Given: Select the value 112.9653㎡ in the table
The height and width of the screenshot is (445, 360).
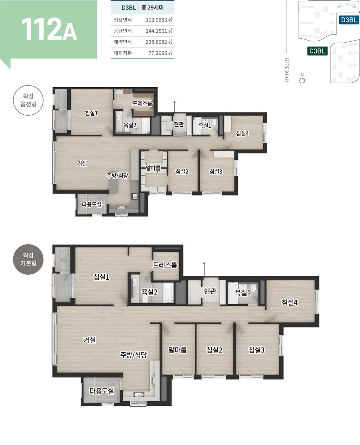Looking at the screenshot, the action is pos(159,20).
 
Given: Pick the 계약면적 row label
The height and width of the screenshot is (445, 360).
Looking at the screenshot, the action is pos(123,42).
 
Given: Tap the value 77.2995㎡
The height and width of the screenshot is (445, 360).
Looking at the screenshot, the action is pos(160,53).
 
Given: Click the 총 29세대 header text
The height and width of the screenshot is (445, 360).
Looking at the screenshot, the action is pos(153,7).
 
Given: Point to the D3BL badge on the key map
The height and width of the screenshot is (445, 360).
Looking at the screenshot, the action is pos(349,20).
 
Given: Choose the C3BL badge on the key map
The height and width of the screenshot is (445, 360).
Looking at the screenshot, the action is pos(317,51).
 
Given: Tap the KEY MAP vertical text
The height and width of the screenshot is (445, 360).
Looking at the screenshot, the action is pos(287,70).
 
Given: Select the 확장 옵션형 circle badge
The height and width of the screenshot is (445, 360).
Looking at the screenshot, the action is pos(28,100).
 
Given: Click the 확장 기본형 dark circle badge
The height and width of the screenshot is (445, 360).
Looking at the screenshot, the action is pos(28,259).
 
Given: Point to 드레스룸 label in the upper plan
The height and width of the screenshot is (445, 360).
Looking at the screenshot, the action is pos(142,103).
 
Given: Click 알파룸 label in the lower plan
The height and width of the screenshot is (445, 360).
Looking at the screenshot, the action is pos(177,350).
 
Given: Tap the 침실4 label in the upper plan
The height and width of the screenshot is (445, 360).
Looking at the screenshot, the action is pos(242,133).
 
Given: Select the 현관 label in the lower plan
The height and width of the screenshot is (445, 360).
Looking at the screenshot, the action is pos(210,291).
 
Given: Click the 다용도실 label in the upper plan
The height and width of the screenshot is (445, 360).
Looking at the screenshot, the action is pos(92,204).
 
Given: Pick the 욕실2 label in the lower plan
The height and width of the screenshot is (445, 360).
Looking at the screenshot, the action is pos(149,292).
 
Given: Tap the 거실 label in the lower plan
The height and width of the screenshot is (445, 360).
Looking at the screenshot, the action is pos(90,340).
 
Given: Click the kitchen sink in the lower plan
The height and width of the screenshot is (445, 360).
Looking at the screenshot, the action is pos(139,394).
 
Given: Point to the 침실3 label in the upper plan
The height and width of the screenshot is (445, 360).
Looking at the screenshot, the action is pos(216,172).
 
